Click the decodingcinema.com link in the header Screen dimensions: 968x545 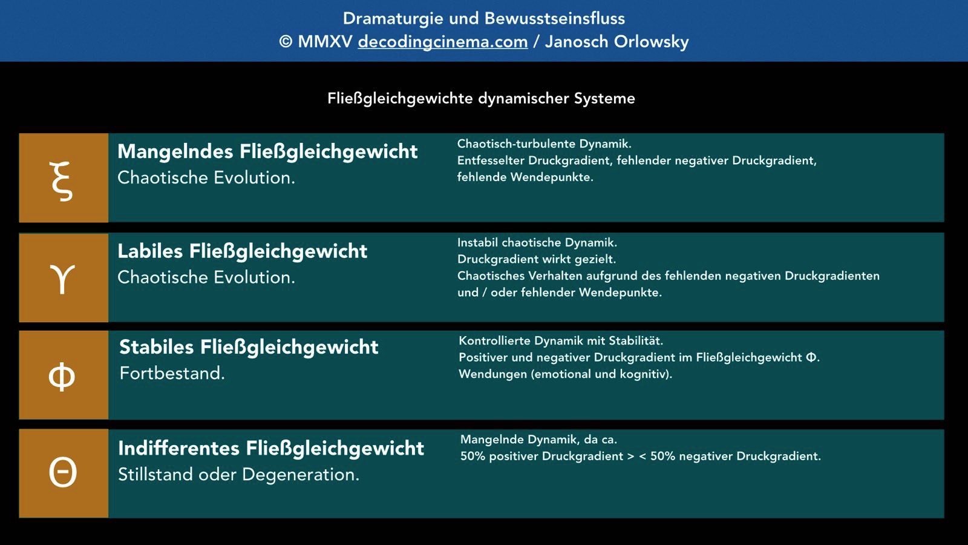tap(442, 42)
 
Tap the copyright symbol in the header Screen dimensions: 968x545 tap(285, 42)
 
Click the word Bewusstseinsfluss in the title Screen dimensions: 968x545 tap(554, 19)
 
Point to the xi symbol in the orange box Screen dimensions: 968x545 tap(61, 181)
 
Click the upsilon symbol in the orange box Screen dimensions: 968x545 tap(63, 279)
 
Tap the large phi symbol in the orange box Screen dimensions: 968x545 tap(62, 376)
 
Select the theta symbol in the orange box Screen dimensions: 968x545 tap(63, 472)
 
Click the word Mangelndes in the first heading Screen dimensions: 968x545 tap(175, 152)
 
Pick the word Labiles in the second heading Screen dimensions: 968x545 tap(150, 251)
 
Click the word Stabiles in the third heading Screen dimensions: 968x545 tap(157, 348)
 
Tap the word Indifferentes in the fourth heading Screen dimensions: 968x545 tap(178, 448)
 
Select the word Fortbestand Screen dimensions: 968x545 tap(172, 373)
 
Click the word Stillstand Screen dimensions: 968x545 tap(155, 475)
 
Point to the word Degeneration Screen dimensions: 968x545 tap(300, 475)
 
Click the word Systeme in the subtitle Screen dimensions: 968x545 tap(604, 99)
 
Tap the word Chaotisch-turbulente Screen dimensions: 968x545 tap(517, 144)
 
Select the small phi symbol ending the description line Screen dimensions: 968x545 tap(811, 357)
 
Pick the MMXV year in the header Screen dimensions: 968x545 tap(325, 42)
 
